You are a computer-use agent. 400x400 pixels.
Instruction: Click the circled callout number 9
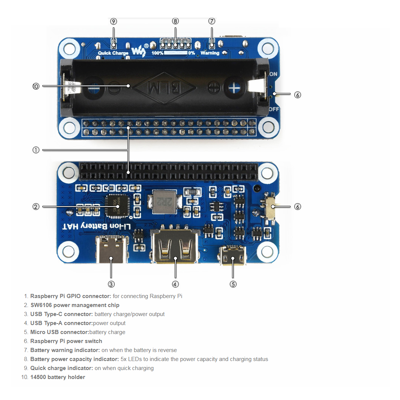[x=114, y=21]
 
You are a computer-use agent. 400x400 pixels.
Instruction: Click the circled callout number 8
[x=175, y=21]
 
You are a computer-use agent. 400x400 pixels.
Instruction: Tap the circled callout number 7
[x=212, y=21]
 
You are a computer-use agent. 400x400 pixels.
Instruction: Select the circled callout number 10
[x=36, y=86]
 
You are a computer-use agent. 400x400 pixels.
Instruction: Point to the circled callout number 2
[x=36, y=207]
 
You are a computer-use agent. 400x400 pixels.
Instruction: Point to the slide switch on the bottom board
[x=270, y=207]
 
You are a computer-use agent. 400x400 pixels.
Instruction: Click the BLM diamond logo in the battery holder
[x=165, y=88]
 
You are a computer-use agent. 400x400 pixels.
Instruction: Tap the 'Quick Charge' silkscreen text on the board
[x=113, y=53]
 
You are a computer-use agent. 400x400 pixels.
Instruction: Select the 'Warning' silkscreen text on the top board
[x=210, y=53]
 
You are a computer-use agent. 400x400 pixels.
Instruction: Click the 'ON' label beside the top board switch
[x=273, y=74]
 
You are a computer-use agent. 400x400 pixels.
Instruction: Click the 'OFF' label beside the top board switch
[x=274, y=109]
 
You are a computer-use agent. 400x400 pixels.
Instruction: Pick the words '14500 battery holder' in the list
[x=57, y=377]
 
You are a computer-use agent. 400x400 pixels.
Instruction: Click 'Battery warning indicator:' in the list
[x=65, y=350]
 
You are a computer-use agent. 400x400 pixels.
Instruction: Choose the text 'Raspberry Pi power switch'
[x=66, y=341]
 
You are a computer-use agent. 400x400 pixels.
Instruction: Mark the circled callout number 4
[x=175, y=284]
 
